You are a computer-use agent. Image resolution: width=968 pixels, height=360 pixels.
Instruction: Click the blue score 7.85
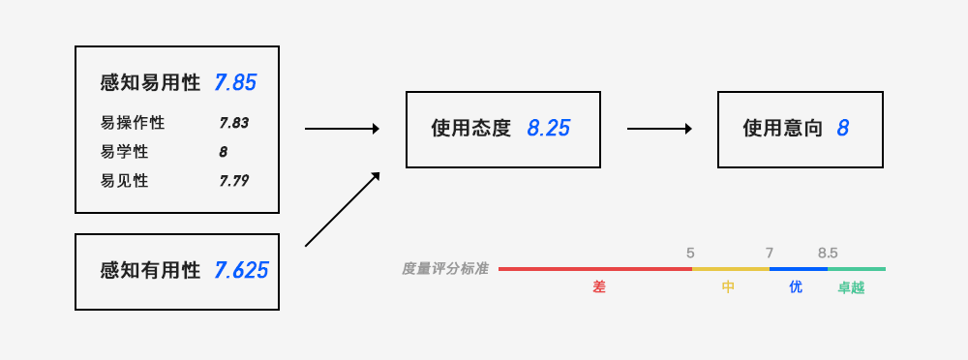[x=235, y=83]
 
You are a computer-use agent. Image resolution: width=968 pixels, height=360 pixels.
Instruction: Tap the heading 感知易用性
[x=150, y=83]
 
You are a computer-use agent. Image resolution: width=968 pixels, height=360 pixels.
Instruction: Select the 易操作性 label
[x=132, y=122]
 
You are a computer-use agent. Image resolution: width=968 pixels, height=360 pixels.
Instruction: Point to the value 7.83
[x=234, y=123]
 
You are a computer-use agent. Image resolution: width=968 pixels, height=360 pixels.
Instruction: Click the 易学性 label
[x=124, y=152]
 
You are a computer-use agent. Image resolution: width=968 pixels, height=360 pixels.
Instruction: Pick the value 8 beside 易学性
[x=223, y=152]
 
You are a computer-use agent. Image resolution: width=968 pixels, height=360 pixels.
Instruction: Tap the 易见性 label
[x=124, y=181]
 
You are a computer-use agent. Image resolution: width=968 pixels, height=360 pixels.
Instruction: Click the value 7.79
[x=234, y=181]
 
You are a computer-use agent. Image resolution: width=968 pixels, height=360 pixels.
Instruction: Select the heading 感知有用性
[x=150, y=270]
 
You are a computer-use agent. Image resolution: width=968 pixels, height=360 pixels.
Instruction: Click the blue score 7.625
[x=241, y=270]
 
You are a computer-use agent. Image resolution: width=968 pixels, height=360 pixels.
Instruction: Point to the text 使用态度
[x=471, y=129]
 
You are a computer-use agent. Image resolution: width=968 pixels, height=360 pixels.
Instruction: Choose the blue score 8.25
[x=548, y=129]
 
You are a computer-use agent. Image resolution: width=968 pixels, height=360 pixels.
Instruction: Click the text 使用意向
[x=783, y=129]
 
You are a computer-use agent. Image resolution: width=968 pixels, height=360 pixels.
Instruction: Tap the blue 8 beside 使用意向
[x=843, y=129]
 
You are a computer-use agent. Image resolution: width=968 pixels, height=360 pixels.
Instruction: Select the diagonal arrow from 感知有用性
[x=342, y=209]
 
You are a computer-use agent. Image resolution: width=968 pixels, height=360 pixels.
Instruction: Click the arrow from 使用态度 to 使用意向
[x=659, y=129]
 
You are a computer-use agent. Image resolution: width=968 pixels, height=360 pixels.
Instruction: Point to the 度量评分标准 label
[x=445, y=269]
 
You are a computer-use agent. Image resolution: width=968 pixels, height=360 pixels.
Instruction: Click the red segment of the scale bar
[x=595, y=269]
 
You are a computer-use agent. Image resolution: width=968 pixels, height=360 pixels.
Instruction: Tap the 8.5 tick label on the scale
[x=828, y=254]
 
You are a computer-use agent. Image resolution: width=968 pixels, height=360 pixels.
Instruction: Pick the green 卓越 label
[x=851, y=287]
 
